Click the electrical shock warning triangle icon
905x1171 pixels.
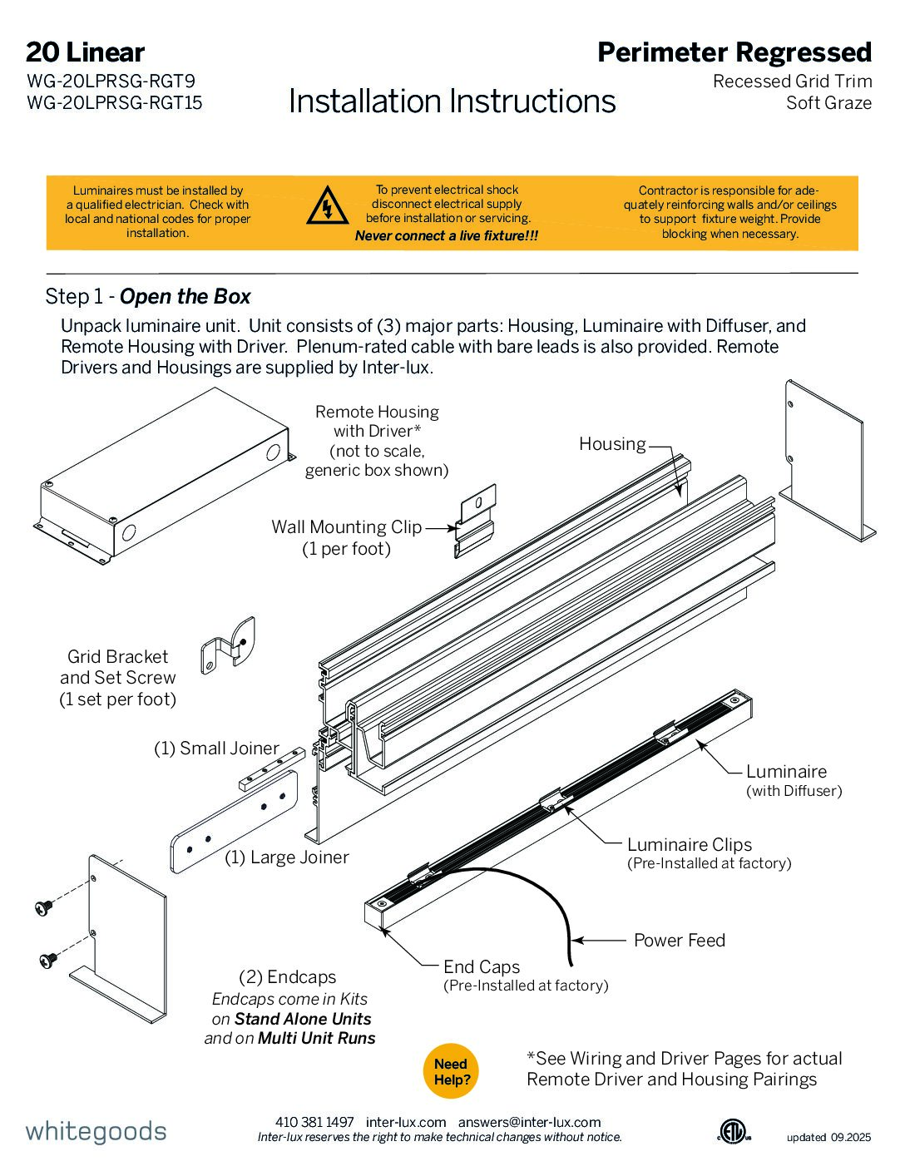pyautogui.click(x=327, y=206)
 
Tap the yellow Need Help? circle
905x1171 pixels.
pyautogui.click(x=452, y=1071)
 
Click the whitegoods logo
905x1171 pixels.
pyautogui.click(x=96, y=1131)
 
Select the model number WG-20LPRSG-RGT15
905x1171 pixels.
pyautogui.click(x=115, y=103)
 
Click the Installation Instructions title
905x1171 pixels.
pyautogui.click(x=452, y=101)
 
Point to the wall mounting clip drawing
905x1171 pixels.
pyautogui.click(x=476, y=520)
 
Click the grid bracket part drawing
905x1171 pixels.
pyautogui.click(x=227, y=645)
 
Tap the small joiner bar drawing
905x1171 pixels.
pyautogui.click(x=272, y=768)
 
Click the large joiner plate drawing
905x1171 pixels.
pyautogui.click(x=235, y=822)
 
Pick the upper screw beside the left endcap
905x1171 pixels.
pyautogui.click(x=43, y=907)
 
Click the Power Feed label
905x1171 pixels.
pyautogui.click(x=679, y=941)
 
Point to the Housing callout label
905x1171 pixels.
pyautogui.click(x=612, y=444)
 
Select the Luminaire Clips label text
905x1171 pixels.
pyautogui.click(x=689, y=845)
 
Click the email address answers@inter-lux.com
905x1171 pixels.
pyautogui.click(x=529, y=1122)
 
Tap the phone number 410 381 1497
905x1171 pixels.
pyautogui.click(x=314, y=1122)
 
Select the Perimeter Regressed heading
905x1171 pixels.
pyautogui.click(x=734, y=52)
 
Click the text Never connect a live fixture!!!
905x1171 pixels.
pyautogui.click(x=447, y=236)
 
